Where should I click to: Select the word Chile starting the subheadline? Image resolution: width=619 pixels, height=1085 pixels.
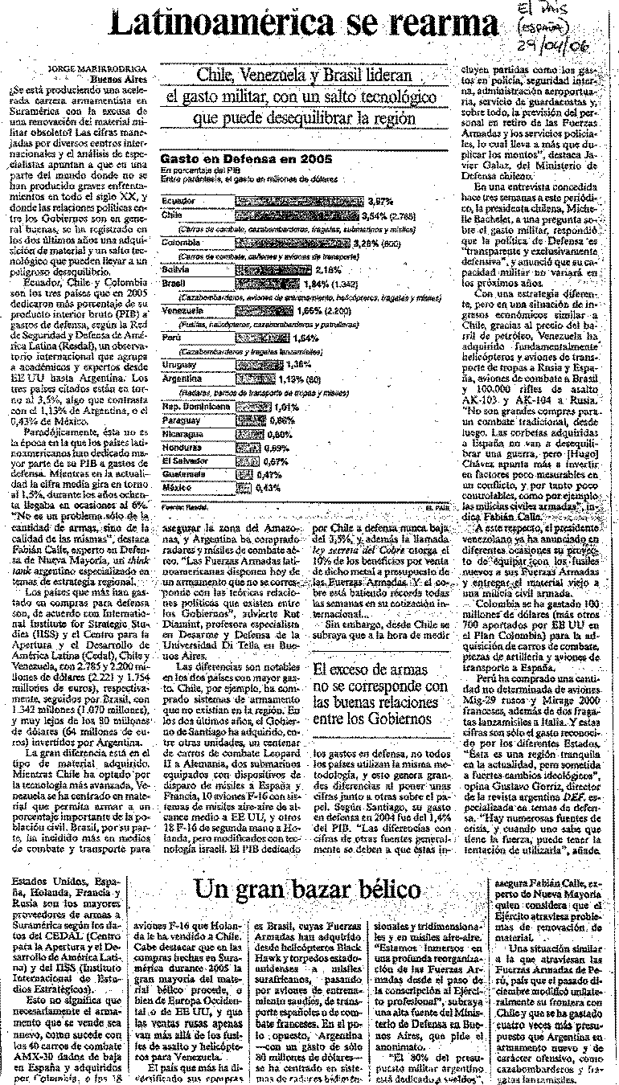(x=217, y=76)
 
